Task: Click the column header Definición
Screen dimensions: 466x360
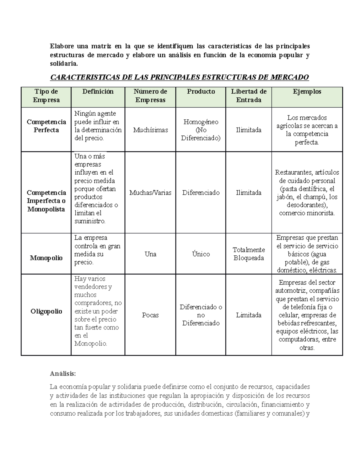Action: (98, 92)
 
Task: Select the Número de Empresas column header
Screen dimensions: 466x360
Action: (150, 96)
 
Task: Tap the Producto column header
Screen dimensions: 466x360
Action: (201, 92)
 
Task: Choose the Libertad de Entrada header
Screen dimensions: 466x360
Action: (249, 96)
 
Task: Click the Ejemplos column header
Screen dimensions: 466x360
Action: (307, 92)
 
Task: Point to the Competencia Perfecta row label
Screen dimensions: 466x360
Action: (46, 126)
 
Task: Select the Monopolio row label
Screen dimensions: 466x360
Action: (46, 258)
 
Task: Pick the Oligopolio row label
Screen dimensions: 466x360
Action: (46, 311)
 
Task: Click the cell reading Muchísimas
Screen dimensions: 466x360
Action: (150, 130)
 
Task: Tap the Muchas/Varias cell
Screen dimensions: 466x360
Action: (150, 193)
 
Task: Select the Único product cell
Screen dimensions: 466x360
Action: (201, 254)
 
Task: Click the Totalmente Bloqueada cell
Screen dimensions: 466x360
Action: (249, 254)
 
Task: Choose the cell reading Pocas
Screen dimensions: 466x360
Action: (150, 315)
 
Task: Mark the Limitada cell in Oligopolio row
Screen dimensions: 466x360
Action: (249, 315)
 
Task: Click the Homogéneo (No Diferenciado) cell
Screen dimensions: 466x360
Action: (201, 130)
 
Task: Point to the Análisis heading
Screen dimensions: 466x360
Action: (63, 374)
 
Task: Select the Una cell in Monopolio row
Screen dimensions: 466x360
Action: (150, 254)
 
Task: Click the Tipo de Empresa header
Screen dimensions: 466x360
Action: (46, 96)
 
